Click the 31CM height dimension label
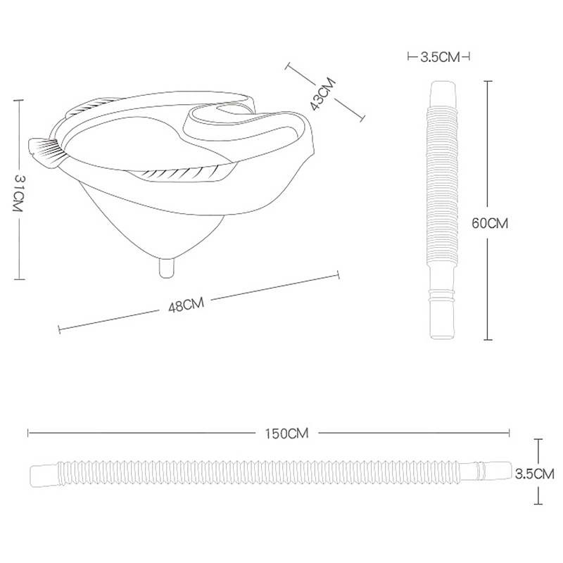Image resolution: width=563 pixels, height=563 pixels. click(x=18, y=193)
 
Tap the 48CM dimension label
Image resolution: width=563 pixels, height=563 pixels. click(x=186, y=305)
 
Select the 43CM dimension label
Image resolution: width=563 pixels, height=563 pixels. click(x=323, y=94)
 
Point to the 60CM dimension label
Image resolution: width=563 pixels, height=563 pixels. click(x=490, y=223)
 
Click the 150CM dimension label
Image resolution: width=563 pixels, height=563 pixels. click(x=287, y=434)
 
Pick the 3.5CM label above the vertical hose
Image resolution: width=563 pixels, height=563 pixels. click(x=440, y=57)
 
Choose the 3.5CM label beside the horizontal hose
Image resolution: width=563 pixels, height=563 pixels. click(x=535, y=474)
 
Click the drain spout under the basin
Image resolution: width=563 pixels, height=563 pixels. click(x=167, y=267)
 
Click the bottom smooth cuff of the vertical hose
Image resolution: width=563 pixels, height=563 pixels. click(x=442, y=320)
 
